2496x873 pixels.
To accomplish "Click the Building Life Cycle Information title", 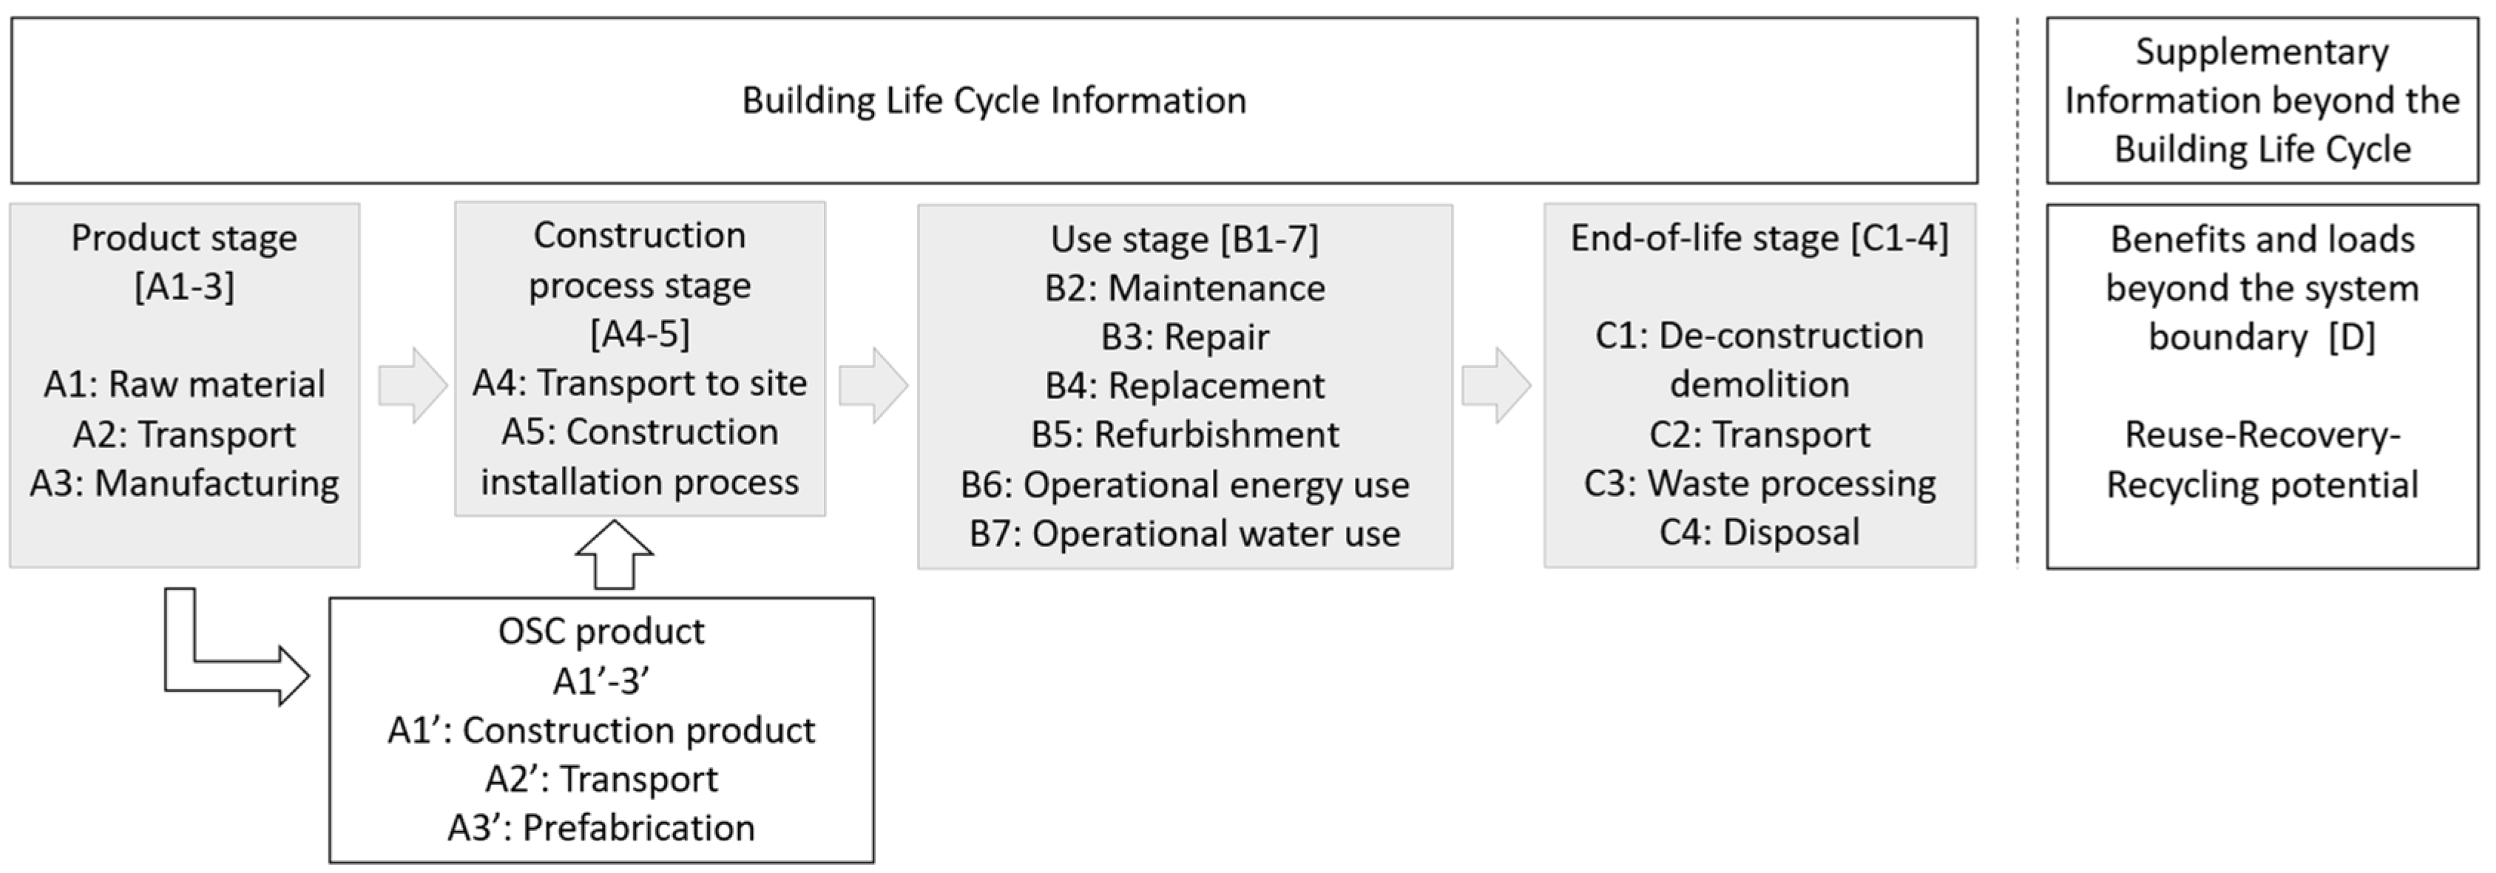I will (x=993, y=101).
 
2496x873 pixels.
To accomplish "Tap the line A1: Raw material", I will (x=184, y=384).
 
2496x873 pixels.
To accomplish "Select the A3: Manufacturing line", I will (x=184, y=483).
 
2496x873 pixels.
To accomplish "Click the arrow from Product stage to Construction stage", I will (x=413, y=386).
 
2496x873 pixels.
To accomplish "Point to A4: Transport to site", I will (x=640, y=383).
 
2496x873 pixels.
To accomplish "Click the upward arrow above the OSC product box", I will (x=615, y=556).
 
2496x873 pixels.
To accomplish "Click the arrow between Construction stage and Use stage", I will (x=873, y=386).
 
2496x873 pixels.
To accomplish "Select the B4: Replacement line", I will (x=1184, y=386).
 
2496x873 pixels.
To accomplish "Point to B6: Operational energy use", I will (x=1184, y=484).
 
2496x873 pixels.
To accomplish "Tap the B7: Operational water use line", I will (x=1184, y=533).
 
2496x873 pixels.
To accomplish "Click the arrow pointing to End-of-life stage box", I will (x=1496, y=386).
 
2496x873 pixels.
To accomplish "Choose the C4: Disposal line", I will (x=1759, y=532).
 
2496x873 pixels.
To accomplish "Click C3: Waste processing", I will (x=1759, y=483).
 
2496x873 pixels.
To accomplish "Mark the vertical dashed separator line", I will (x=2018, y=291).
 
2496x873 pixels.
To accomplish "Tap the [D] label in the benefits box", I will (x=2352, y=337).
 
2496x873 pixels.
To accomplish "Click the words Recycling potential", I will (x=2262, y=484).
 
